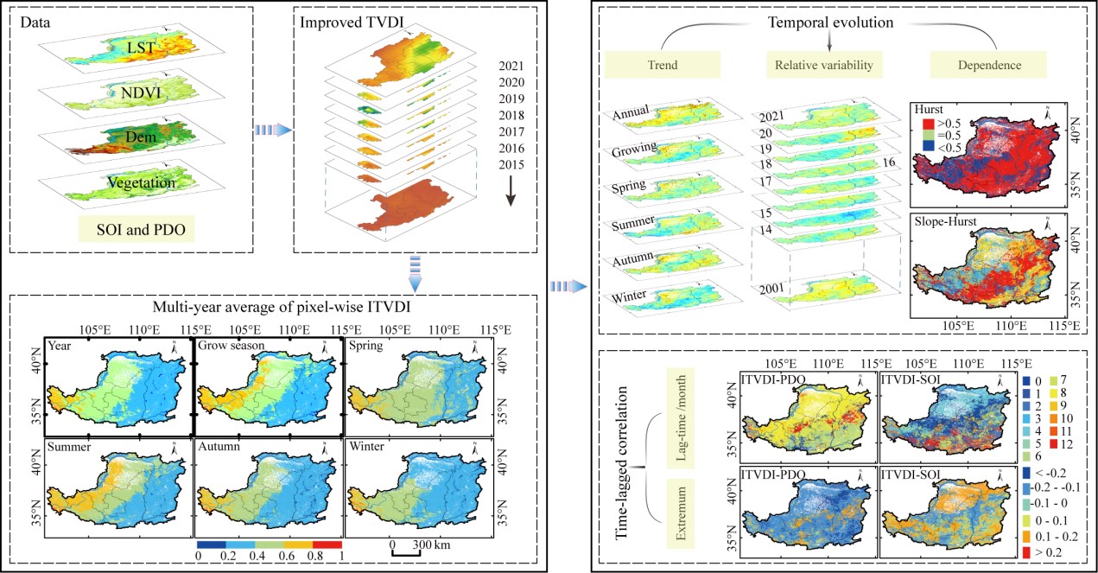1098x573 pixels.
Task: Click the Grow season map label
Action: tap(230, 345)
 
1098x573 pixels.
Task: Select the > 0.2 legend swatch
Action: tap(1026, 550)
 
